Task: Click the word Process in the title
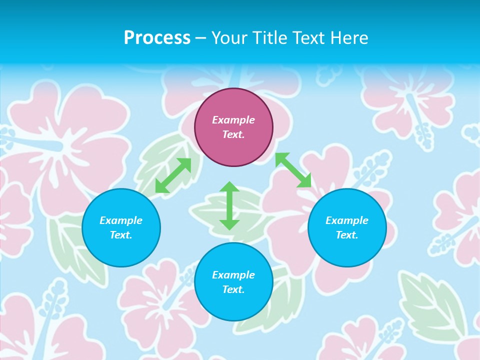pyautogui.click(x=157, y=38)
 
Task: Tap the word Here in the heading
pyautogui.click(x=350, y=38)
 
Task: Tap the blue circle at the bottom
pyautogui.click(x=233, y=305)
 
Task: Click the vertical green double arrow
pyautogui.click(x=229, y=205)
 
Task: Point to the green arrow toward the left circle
pyautogui.click(x=173, y=175)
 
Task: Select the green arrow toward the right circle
pyautogui.click(x=293, y=170)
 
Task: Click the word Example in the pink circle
pyautogui.click(x=233, y=120)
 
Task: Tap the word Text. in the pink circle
pyautogui.click(x=233, y=134)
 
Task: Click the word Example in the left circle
pyautogui.click(x=121, y=220)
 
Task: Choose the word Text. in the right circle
pyautogui.click(x=347, y=235)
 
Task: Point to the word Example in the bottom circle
pyautogui.click(x=233, y=275)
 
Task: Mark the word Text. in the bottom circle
pyautogui.click(x=233, y=289)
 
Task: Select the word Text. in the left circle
pyautogui.click(x=121, y=235)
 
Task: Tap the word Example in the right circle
pyautogui.click(x=347, y=220)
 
